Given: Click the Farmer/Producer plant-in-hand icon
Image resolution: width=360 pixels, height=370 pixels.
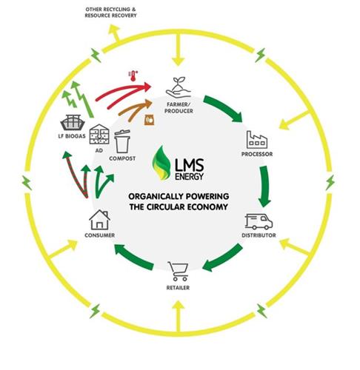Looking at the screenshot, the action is click(x=179, y=88).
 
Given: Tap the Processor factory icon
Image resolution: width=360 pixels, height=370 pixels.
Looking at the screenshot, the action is click(x=257, y=140).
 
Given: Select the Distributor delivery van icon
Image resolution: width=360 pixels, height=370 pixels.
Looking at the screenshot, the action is click(x=259, y=221).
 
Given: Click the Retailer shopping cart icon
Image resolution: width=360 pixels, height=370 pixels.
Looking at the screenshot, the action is click(x=179, y=272).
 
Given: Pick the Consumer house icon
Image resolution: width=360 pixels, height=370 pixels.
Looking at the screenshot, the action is click(x=99, y=220).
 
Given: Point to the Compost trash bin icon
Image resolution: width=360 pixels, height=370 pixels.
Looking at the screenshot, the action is click(x=122, y=141).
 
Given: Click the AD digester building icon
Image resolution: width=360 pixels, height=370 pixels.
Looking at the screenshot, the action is click(x=99, y=134).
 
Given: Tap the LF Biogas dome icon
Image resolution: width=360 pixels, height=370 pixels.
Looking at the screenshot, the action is click(x=73, y=123).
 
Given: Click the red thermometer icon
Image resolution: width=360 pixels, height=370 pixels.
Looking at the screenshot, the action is click(x=133, y=76).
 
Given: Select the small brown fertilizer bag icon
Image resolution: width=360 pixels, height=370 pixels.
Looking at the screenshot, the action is click(x=149, y=119).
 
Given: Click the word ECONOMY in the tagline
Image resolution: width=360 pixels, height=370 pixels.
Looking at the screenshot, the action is click(x=207, y=206).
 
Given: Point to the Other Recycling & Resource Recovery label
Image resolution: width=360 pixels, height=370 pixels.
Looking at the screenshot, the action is click(x=110, y=13).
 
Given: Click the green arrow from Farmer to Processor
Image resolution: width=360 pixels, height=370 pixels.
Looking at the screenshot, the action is click(x=223, y=109).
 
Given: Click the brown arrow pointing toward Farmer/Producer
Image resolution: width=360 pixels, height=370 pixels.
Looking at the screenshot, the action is click(x=136, y=110).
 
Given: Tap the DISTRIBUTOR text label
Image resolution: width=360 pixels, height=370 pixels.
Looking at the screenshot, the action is click(x=259, y=235).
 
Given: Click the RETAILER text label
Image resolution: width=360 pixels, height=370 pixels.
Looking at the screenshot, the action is click(x=178, y=288).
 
